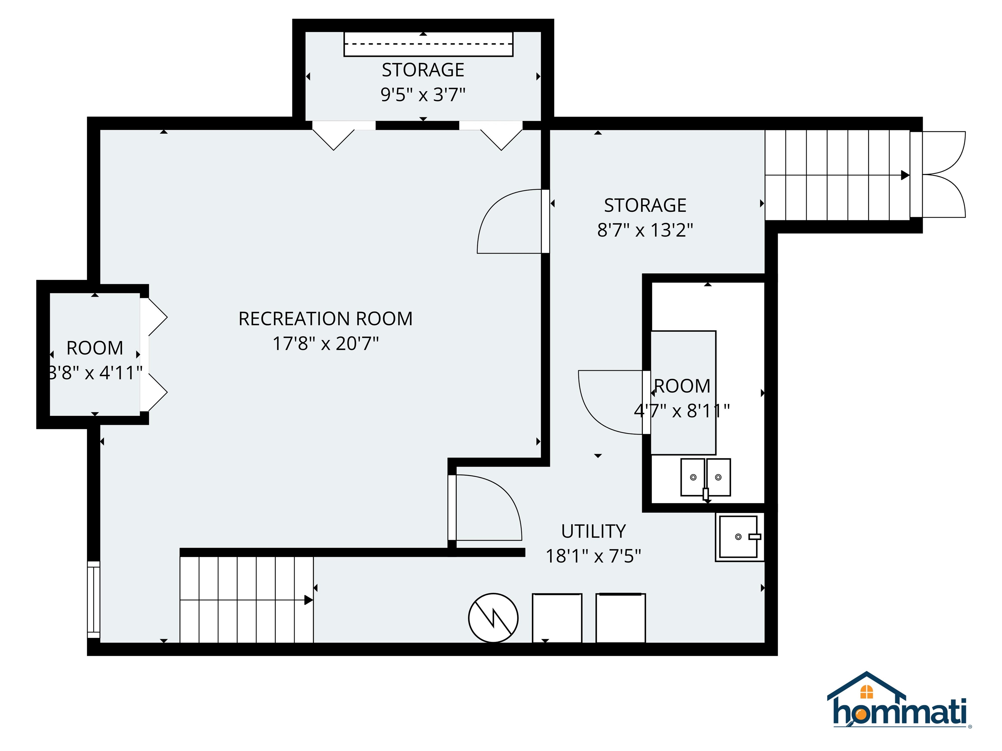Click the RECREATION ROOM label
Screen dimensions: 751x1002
(x=325, y=319)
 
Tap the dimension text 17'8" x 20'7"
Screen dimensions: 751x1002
(x=325, y=344)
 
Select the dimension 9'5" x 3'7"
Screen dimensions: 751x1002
(x=423, y=95)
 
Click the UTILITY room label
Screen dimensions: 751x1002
(x=593, y=531)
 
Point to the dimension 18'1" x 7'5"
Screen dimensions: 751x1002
(x=593, y=556)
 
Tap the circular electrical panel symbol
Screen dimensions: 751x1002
(x=493, y=617)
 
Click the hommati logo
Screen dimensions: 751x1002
(x=899, y=701)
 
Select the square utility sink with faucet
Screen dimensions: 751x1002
(x=739, y=537)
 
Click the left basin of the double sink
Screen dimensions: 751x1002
(x=692, y=477)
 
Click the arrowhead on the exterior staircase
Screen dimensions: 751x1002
(x=904, y=175)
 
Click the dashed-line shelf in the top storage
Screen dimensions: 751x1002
(x=428, y=44)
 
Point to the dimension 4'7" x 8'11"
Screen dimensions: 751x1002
(x=682, y=411)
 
